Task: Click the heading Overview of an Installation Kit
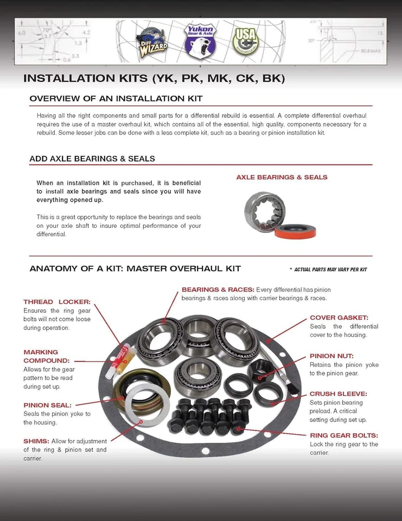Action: [116, 99]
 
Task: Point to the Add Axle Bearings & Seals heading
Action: [92, 159]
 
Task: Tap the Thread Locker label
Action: [57, 302]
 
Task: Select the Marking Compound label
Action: [47, 356]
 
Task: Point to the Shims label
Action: [36, 441]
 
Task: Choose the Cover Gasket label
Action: [339, 317]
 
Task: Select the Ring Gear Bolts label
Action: [344, 435]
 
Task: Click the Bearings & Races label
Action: [218, 290]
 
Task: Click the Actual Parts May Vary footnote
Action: [329, 270]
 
